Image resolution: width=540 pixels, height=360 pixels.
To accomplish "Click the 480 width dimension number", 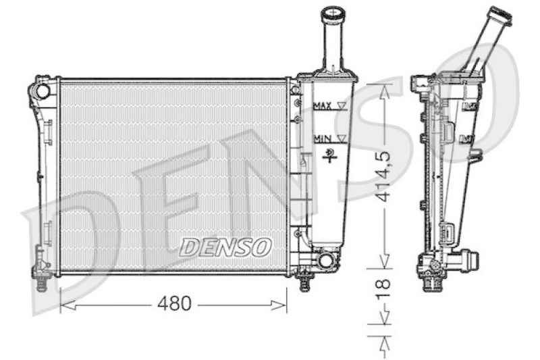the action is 174,303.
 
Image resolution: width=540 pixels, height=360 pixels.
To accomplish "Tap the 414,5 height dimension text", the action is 383,176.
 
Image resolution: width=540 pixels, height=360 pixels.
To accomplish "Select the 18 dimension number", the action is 383,288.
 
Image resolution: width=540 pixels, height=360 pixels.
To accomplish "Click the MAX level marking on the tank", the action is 323,106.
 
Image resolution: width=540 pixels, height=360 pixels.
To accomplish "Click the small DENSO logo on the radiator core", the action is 225,247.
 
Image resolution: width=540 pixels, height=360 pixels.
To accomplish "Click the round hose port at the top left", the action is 43,91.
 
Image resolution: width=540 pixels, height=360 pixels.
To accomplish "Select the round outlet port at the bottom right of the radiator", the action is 325,261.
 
